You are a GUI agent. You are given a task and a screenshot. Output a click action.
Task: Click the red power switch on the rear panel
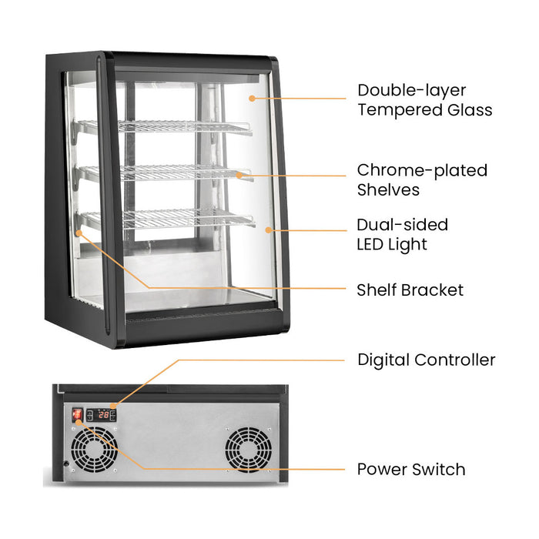coord(77,415)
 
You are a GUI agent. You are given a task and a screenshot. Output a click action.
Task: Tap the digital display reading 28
coord(104,415)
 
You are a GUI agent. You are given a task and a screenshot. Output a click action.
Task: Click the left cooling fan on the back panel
coord(94,450)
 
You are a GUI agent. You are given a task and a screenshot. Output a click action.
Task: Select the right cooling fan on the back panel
coord(248,450)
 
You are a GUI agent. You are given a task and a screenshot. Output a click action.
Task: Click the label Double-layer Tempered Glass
coord(425,100)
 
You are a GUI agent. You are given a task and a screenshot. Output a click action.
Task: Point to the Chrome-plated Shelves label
coord(422,179)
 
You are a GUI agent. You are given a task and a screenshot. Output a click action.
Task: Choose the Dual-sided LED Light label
coord(403,234)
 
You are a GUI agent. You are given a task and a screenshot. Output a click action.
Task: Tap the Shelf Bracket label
coord(410,290)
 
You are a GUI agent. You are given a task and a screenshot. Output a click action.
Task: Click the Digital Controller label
coord(427,360)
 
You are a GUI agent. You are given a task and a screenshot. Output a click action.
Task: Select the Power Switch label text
coord(411,469)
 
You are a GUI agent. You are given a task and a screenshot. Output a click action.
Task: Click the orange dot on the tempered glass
coord(252,99)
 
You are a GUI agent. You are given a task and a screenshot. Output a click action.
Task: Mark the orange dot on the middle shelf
coord(239,176)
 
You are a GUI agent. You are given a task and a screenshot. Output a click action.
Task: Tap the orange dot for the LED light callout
coord(269,230)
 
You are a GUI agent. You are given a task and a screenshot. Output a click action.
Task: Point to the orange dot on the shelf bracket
coord(79,233)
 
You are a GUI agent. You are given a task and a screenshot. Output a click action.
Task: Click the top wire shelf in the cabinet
coord(165,126)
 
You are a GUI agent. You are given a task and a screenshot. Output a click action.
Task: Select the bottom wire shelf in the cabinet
coord(168,219)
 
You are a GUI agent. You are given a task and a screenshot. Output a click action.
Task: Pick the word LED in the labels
coord(370,244)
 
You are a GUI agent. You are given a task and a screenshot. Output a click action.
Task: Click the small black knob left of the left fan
coord(66,464)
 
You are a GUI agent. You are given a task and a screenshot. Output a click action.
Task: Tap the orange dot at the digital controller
coord(113,407)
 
